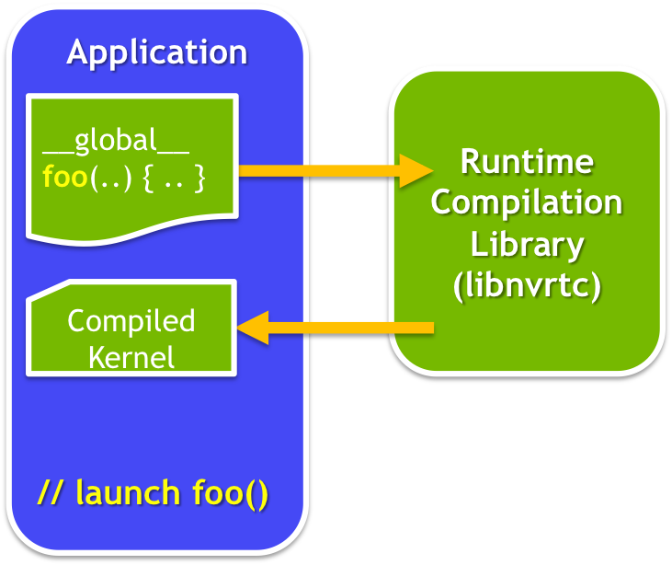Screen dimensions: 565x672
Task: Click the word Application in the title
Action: coord(156,52)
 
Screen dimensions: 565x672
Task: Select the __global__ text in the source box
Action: coord(116,141)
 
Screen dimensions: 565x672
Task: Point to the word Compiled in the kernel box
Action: coord(131,321)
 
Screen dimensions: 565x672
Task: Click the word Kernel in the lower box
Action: coord(131,356)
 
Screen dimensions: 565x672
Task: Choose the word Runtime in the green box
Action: coord(527,162)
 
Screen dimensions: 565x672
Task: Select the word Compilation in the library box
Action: coord(527,202)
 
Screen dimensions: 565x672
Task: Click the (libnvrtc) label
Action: coord(527,285)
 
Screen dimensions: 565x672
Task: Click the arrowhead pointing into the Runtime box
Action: coord(416,169)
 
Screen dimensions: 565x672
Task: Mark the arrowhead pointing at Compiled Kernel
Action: coord(254,328)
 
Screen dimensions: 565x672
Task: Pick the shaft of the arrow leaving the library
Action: coord(349,328)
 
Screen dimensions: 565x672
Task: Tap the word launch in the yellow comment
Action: coord(128,493)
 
